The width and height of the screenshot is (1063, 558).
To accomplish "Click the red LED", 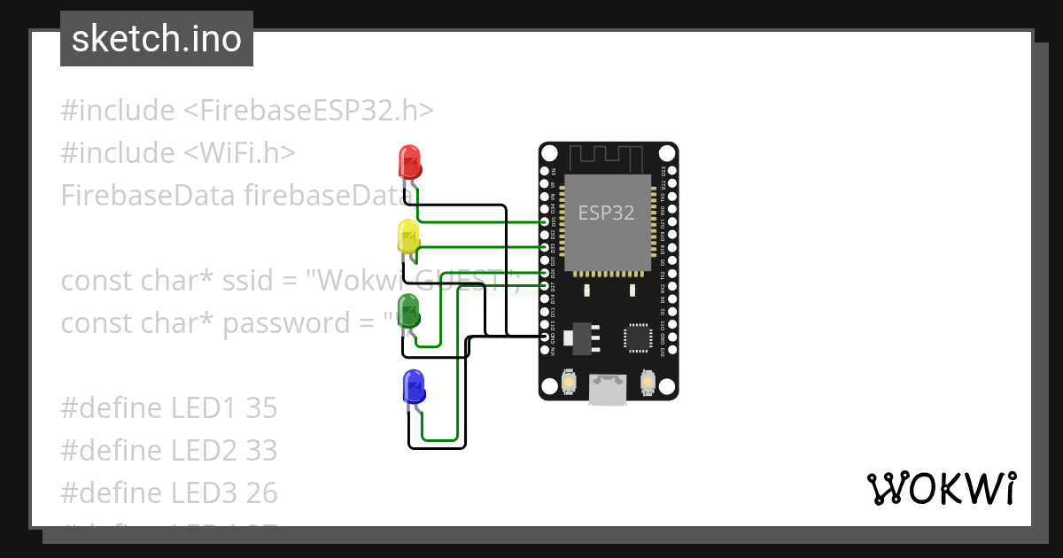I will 410,161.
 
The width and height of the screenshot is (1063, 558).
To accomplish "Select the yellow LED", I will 408,236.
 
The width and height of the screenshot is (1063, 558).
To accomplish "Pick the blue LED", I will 413,387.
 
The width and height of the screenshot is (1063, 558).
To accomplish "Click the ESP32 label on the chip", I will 606,213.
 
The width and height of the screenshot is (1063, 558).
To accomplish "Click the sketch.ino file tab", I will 157,39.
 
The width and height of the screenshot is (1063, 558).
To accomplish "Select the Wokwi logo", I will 941,488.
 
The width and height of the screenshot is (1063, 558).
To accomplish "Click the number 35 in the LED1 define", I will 261,407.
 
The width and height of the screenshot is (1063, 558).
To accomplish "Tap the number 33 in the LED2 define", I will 261,450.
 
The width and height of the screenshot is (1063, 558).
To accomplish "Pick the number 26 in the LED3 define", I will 261,492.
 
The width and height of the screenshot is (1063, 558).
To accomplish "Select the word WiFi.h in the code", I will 240,152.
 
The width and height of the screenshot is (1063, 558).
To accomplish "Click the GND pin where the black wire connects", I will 545,337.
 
